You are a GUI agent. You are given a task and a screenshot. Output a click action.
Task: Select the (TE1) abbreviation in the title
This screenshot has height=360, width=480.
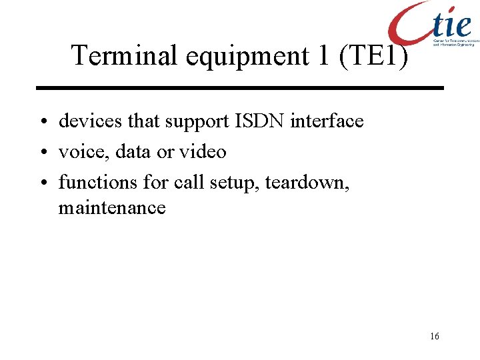tap(373, 55)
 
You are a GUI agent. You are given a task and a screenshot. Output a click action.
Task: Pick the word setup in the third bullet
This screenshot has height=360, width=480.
tap(236, 181)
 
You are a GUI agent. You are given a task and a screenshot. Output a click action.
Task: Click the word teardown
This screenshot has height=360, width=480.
tap(307, 181)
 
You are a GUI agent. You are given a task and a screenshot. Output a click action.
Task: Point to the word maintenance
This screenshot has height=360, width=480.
tap(112, 208)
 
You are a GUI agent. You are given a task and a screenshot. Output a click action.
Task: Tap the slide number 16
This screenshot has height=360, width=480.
tap(435, 337)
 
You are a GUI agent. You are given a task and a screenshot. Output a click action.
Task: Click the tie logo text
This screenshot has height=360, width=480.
tap(451, 25)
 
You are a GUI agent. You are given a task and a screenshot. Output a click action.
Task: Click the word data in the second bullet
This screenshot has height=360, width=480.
tap(133, 152)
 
